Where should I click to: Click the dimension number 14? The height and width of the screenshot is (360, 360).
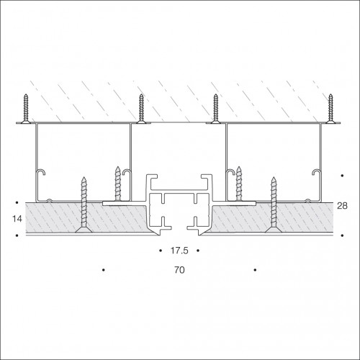click(x=17, y=219)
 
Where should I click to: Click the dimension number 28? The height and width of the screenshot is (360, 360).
click(x=342, y=206)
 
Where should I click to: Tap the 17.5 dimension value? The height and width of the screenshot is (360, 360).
click(x=179, y=251)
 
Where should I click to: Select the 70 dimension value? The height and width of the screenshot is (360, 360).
click(x=179, y=270)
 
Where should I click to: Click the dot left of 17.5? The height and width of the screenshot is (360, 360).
click(x=161, y=251)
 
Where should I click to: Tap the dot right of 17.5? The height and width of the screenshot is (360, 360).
click(x=198, y=251)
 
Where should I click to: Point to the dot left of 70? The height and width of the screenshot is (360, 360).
click(x=104, y=270)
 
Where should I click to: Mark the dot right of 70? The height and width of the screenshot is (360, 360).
click(x=255, y=270)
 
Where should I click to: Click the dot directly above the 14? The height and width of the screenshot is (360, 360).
click(x=17, y=203)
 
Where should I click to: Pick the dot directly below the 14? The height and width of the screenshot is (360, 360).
click(x=17, y=235)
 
